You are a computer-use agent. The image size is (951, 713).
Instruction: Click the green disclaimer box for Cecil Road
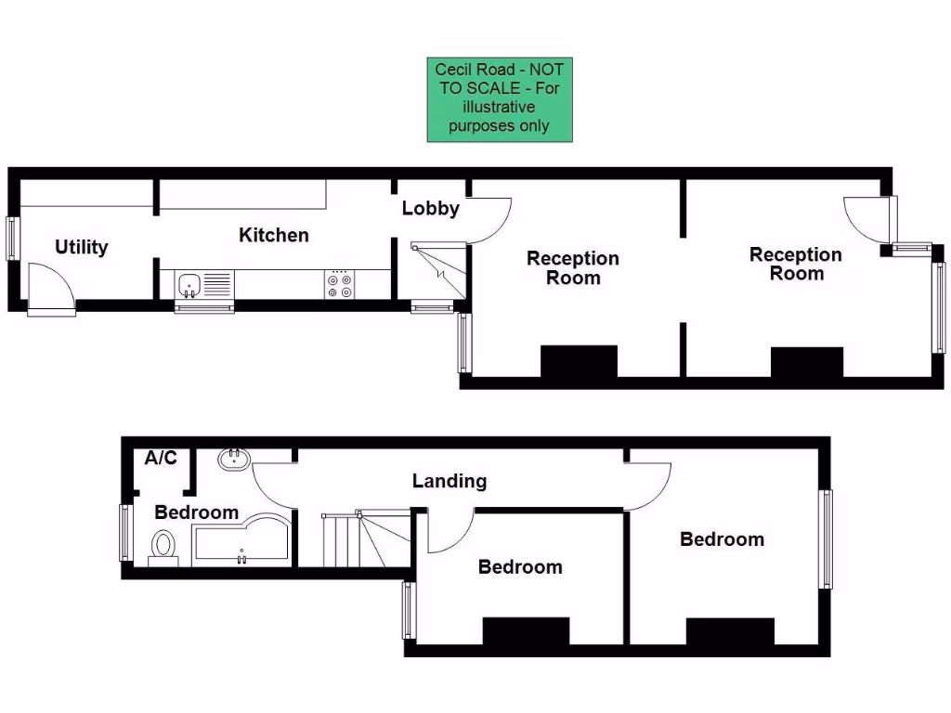click(x=500, y=100)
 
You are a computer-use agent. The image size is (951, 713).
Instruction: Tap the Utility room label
click(x=82, y=247)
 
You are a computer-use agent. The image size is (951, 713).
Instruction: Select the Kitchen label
click(x=273, y=235)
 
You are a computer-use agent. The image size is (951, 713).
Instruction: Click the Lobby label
click(x=430, y=208)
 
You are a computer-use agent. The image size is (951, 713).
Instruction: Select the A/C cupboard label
click(x=161, y=458)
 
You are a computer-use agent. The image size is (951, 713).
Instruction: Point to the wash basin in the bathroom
click(x=233, y=458)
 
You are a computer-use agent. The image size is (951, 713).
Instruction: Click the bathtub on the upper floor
click(x=240, y=541)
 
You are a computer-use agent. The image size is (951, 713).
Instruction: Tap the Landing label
click(x=449, y=481)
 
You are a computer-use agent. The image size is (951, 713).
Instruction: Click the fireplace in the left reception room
click(x=579, y=361)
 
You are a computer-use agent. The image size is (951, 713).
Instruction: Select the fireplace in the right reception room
click(x=806, y=362)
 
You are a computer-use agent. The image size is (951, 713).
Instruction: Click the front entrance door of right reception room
click(x=868, y=220)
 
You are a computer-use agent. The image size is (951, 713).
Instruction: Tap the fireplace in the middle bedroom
click(x=526, y=630)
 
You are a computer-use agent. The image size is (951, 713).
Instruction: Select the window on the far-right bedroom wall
click(x=825, y=538)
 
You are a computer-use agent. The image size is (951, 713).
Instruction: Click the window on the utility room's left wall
click(x=13, y=238)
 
